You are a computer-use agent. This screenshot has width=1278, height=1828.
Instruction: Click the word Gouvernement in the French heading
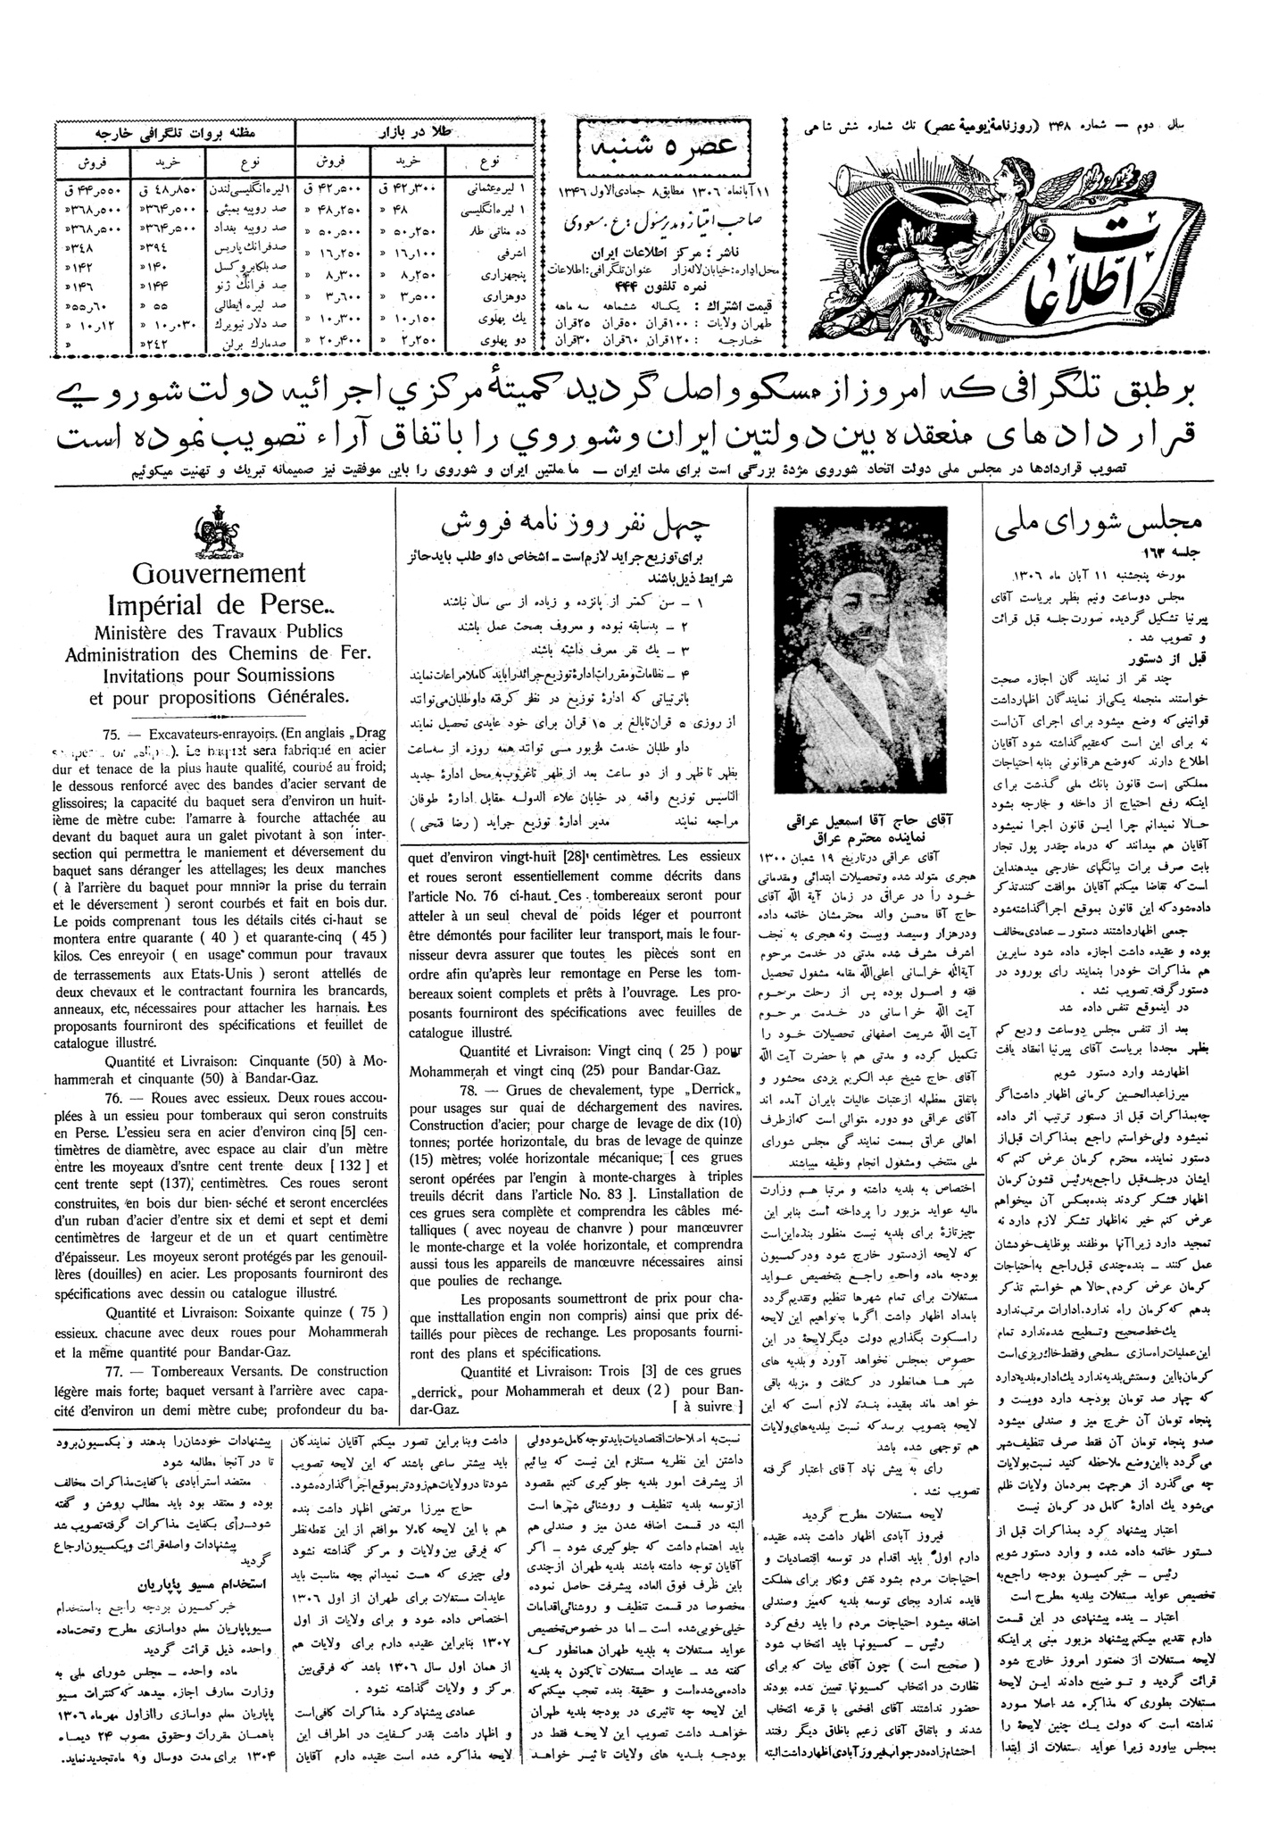(218, 572)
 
